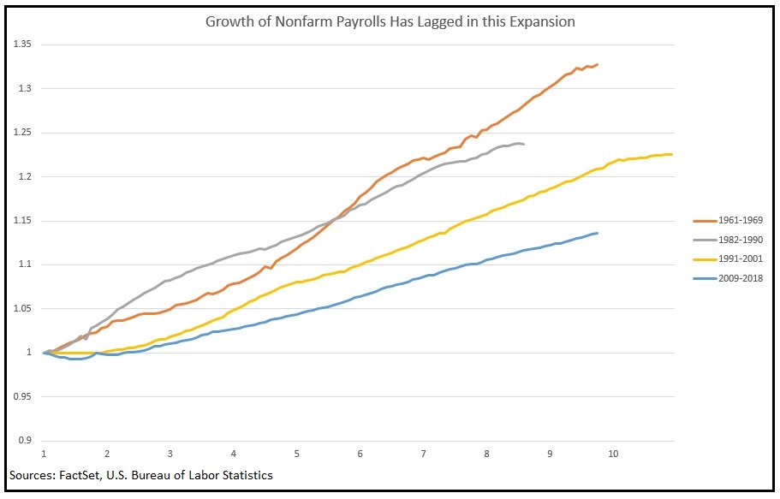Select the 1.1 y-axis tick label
[23, 264]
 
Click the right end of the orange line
[597, 64]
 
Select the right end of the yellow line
[672, 154]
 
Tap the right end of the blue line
[597, 233]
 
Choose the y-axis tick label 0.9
[23, 441]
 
